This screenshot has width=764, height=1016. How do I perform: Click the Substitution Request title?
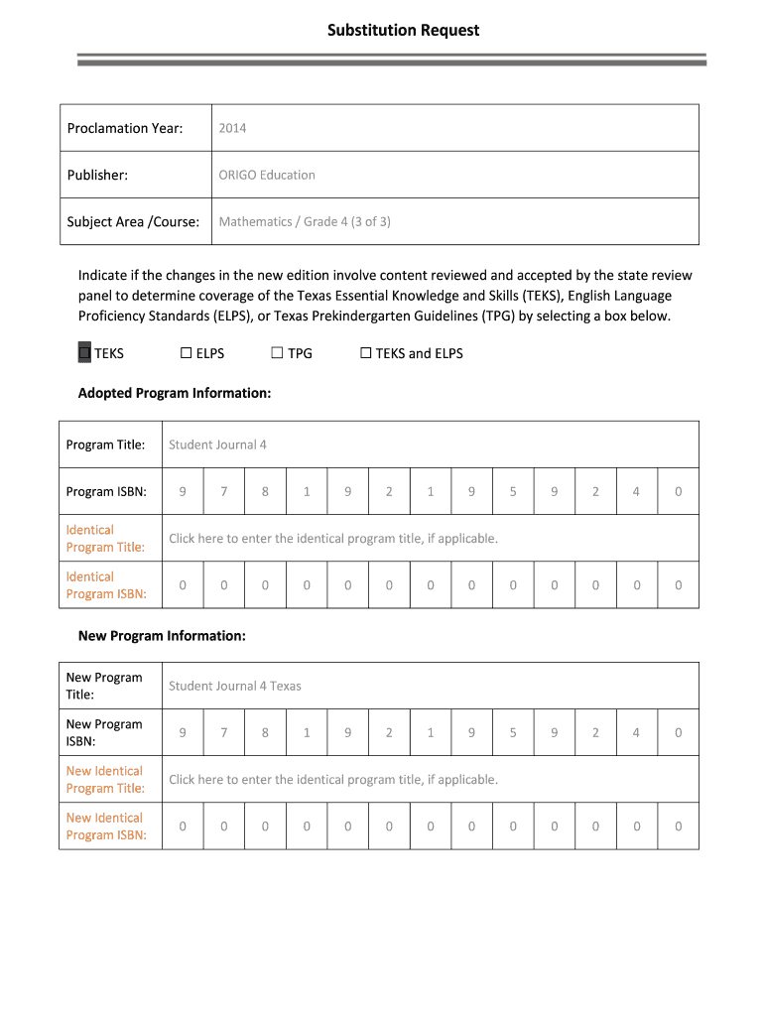point(403,31)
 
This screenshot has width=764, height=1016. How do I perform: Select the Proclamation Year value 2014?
point(232,128)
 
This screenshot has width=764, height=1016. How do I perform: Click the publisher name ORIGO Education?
point(267,175)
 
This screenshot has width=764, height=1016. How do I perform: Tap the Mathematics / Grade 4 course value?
point(305,221)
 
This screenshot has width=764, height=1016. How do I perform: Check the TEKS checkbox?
point(84,353)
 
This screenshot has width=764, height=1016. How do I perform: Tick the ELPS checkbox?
point(186,353)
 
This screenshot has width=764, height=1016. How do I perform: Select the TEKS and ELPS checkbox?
point(365,353)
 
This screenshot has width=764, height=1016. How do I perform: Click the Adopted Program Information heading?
point(175,393)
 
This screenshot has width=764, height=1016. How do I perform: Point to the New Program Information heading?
point(162,635)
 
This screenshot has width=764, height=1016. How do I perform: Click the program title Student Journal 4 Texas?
point(235,686)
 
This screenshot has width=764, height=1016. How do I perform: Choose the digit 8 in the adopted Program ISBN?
point(265,491)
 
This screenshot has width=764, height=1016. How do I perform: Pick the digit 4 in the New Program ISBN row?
point(636,732)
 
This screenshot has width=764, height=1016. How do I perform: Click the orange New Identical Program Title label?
point(105,779)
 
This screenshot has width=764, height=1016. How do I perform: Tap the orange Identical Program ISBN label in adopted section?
point(106,584)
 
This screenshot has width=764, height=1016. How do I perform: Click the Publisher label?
point(97,175)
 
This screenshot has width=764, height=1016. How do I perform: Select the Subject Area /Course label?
point(133,221)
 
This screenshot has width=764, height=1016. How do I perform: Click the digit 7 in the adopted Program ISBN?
point(224,491)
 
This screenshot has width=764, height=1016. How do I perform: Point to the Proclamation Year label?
point(125,128)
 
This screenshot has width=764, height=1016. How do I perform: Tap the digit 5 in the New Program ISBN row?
point(513,732)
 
